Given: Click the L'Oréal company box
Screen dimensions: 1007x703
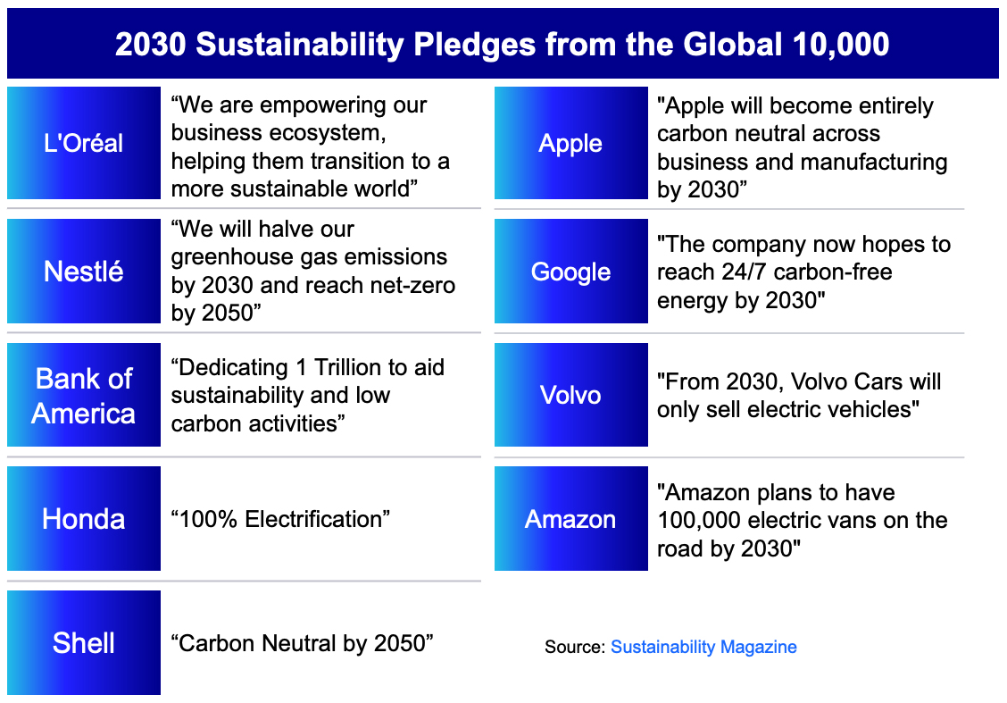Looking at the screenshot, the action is point(84,143).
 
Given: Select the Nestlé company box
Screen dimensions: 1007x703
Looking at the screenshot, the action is point(84,272).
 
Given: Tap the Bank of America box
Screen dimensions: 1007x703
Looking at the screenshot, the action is point(84,395).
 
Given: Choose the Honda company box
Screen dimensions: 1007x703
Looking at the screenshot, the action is point(84,519).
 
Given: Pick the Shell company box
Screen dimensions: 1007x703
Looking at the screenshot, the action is point(84,642).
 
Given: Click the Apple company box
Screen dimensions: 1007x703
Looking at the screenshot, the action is point(571,143).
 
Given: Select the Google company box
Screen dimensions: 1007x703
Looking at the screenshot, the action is point(571,272).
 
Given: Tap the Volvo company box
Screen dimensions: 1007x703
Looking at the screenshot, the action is point(571,395).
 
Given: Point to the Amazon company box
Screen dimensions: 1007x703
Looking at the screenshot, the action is point(571,519).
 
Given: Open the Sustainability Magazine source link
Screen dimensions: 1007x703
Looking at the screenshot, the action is point(703,647).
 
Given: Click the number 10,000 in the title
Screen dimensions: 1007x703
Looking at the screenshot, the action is point(841,45).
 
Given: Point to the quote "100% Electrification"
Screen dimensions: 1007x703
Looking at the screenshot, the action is point(280,519).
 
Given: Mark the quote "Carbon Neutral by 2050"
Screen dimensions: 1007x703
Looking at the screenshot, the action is point(303,642).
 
